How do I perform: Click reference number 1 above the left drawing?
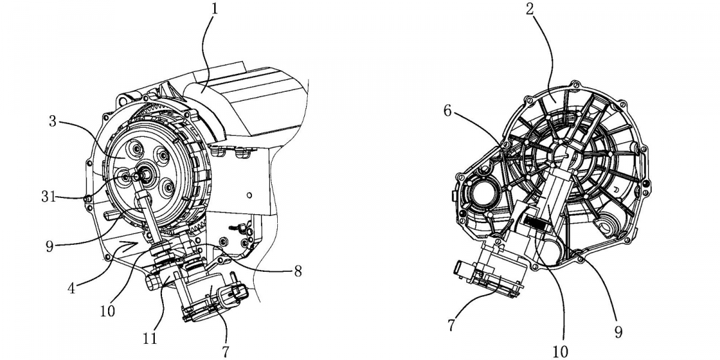click(214, 8)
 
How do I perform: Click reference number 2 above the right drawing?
click(530, 9)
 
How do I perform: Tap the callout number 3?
click(52, 121)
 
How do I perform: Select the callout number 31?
click(49, 196)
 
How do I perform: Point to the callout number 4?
click(71, 288)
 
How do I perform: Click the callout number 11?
click(150, 338)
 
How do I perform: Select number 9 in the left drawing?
click(49, 246)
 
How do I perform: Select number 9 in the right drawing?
click(618, 332)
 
